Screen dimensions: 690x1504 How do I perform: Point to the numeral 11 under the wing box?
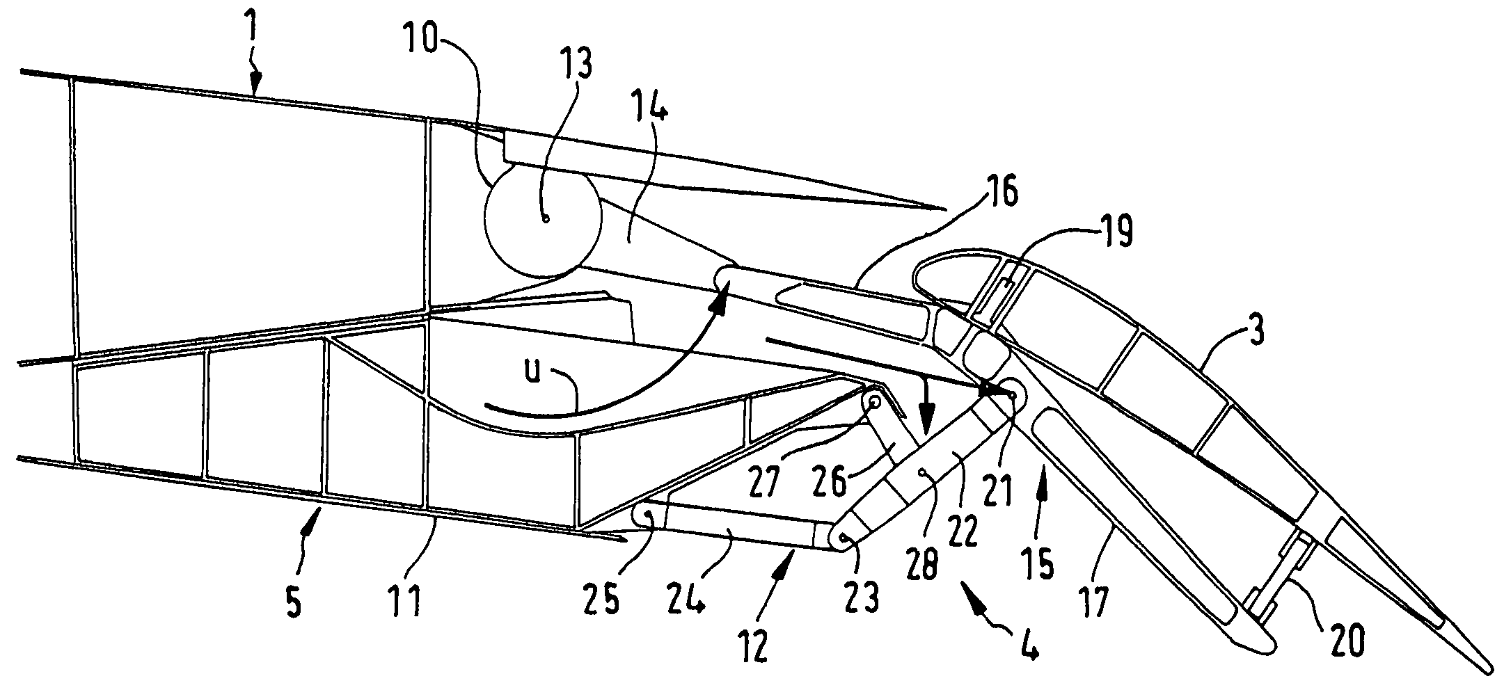pyautogui.click(x=406, y=600)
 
